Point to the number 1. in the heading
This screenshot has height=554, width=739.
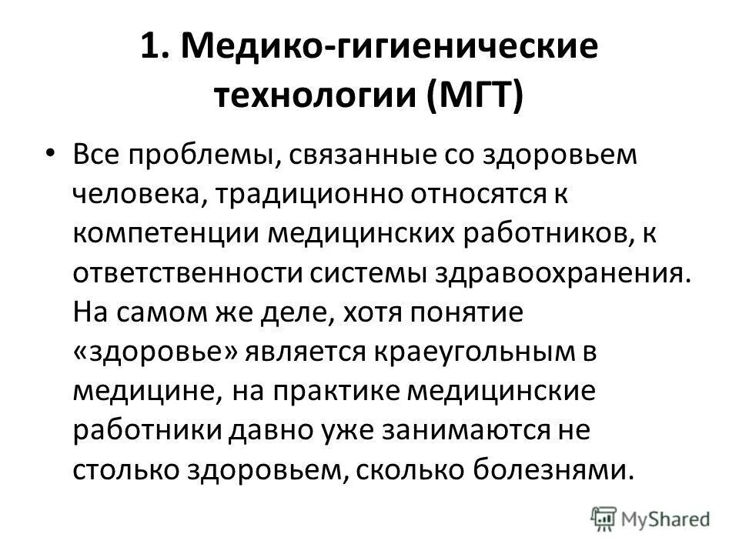[156, 48]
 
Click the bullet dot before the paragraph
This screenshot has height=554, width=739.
[50, 154]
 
